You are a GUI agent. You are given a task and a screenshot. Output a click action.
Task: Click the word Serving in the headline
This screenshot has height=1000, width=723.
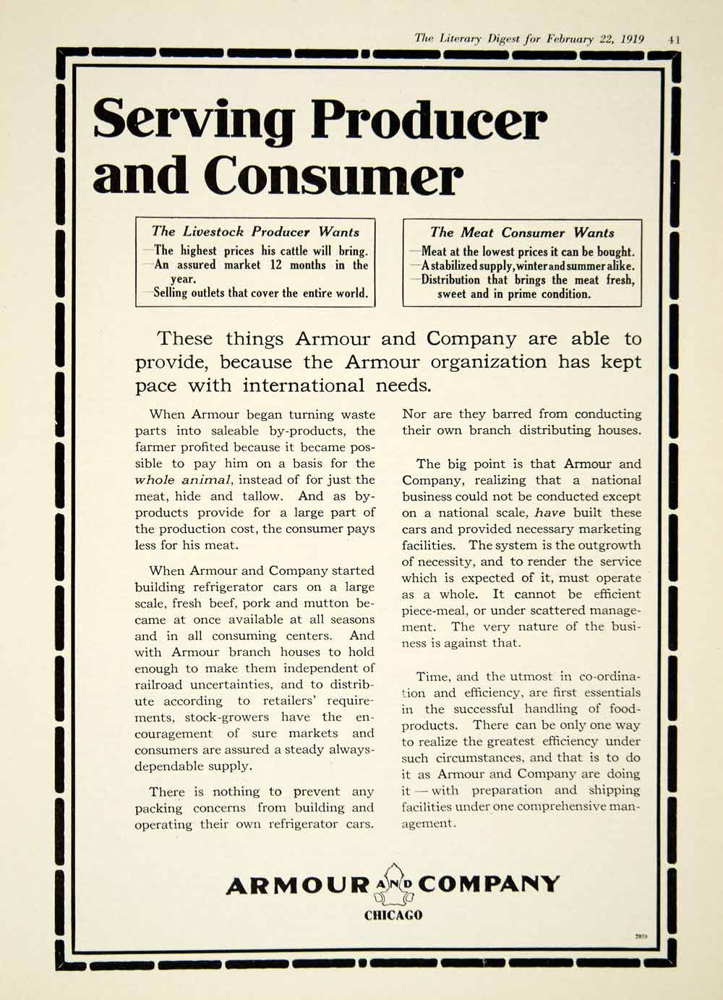(x=194, y=121)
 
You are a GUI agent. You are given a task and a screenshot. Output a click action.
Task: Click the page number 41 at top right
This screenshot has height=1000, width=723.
(x=674, y=39)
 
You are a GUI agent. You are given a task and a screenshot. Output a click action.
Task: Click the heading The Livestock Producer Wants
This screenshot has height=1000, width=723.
(x=255, y=232)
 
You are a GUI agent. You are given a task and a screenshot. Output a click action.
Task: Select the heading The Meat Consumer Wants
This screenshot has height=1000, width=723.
(x=522, y=233)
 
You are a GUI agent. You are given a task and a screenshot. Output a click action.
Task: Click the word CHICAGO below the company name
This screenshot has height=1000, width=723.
(x=393, y=915)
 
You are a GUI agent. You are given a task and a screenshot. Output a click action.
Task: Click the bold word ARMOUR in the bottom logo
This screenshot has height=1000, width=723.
(x=297, y=885)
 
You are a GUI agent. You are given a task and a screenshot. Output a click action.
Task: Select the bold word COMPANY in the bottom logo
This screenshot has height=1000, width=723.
(x=489, y=884)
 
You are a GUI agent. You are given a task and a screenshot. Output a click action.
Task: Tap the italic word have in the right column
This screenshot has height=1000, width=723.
(x=549, y=513)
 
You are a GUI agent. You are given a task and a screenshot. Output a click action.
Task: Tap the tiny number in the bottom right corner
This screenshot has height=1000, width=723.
(x=641, y=937)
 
